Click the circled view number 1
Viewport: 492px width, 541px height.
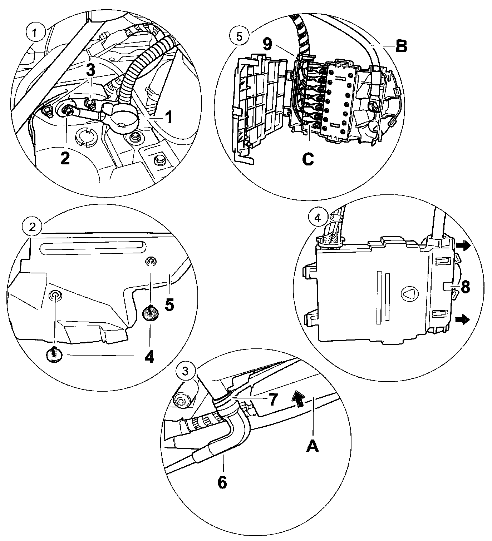(x=34, y=34)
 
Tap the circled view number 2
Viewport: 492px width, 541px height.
(x=33, y=227)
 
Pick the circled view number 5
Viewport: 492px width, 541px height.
(x=239, y=36)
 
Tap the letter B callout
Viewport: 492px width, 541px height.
(x=401, y=46)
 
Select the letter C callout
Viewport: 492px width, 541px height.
(x=308, y=158)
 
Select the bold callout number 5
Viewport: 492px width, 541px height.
(x=169, y=304)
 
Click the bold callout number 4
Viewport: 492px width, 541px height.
(x=149, y=356)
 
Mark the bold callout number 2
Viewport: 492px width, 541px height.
(x=65, y=158)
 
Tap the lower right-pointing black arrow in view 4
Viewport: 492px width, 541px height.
(x=463, y=319)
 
